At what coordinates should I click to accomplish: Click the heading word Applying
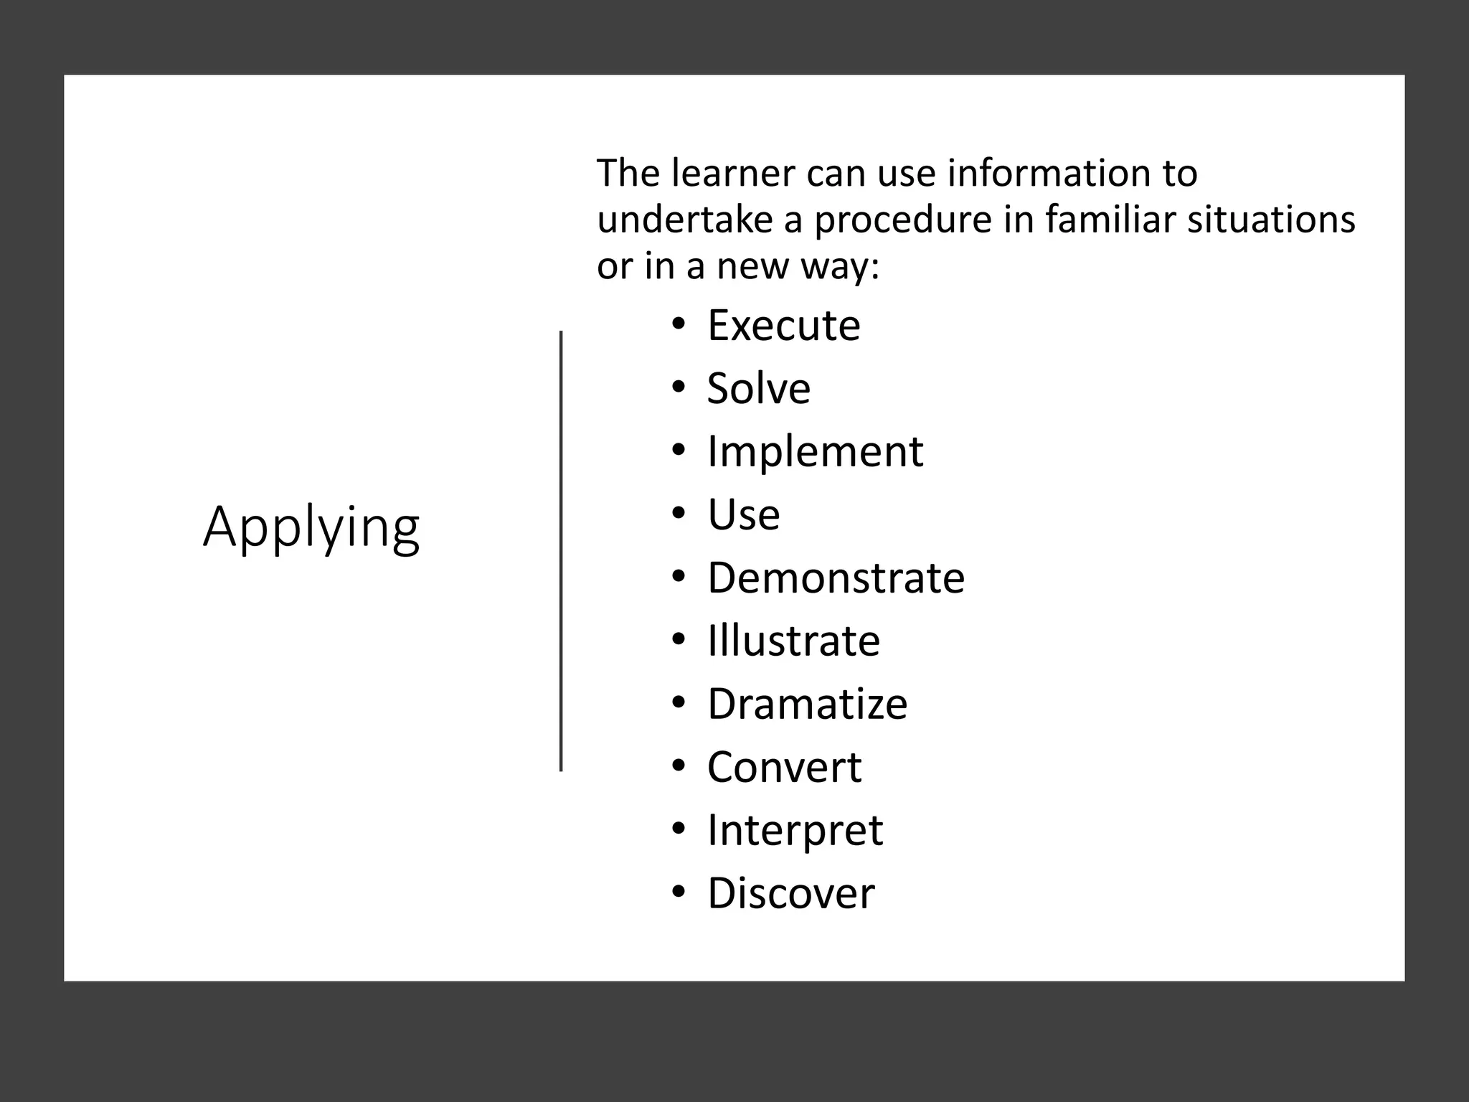tap(311, 527)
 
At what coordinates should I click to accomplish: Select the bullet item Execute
tap(783, 325)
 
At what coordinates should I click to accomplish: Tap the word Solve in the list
tap(758, 388)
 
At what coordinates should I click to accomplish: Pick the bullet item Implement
tap(815, 451)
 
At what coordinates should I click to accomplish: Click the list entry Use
tap(743, 514)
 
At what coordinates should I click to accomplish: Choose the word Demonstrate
tap(836, 578)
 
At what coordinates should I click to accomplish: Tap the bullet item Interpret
tap(795, 830)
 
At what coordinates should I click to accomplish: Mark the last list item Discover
tap(790, 893)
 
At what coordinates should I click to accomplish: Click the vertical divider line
tap(561, 551)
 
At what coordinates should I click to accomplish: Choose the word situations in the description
tap(1271, 219)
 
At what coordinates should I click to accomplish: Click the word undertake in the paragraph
tap(684, 219)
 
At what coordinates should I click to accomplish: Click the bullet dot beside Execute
tap(679, 325)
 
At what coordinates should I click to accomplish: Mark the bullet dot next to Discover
tap(679, 893)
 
